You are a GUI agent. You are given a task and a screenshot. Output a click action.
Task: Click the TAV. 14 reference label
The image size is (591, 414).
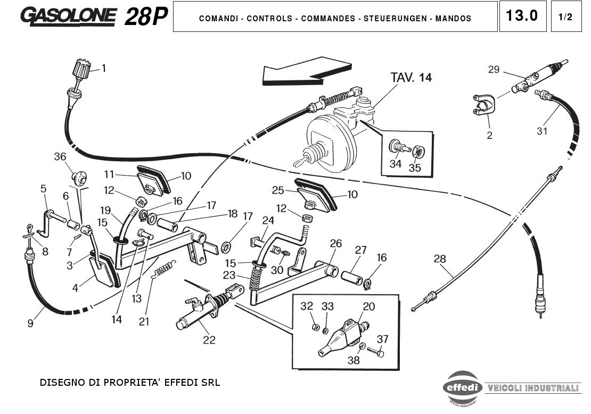tap(411, 78)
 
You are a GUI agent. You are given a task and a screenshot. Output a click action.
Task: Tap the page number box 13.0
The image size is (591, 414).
tap(522, 16)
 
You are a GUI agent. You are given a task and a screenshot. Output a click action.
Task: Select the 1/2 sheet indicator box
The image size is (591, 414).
tap(565, 16)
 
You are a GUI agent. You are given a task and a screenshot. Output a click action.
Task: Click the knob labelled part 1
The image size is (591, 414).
tap(80, 69)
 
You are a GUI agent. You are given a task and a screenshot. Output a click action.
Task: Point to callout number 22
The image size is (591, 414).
tap(209, 340)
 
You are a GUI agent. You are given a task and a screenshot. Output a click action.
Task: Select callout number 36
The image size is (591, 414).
tap(60, 156)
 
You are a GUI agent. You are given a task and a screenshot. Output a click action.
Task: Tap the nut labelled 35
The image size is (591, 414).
tap(419, 151)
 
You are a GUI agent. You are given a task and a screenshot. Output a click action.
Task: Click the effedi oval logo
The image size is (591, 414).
tap(462, 387)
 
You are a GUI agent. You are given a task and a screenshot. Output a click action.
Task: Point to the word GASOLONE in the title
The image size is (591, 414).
tap(68, 16)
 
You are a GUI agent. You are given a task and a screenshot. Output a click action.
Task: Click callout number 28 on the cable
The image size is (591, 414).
tap(440, 259)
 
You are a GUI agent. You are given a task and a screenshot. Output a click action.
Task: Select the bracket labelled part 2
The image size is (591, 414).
tap(481, 105)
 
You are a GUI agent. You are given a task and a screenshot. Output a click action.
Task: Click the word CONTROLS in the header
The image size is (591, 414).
tap(269, 19)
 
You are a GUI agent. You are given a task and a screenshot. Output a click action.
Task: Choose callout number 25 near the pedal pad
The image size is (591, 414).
tap(278, 190)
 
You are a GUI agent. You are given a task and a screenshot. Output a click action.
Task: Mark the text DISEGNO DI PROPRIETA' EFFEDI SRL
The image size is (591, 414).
tap(129, 383)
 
